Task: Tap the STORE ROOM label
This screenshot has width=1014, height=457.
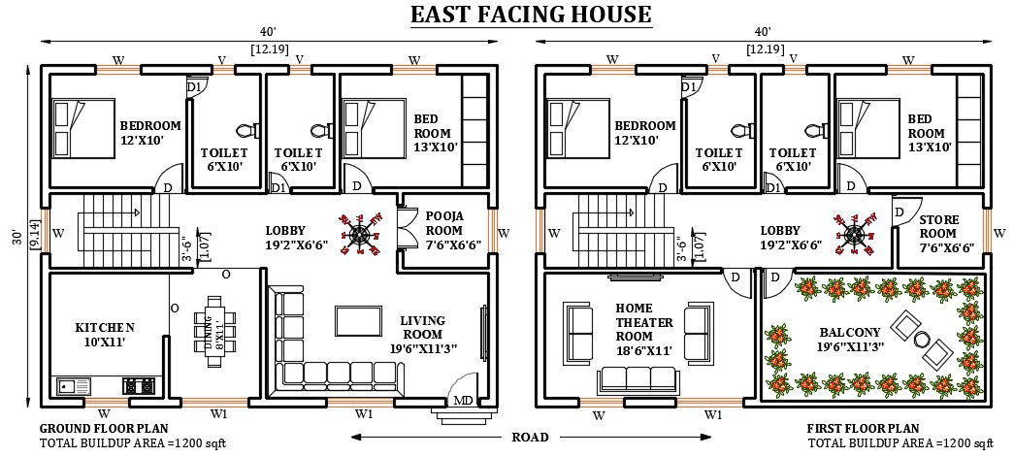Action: pos(938,234)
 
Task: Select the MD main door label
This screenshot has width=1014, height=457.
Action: pos(464,399)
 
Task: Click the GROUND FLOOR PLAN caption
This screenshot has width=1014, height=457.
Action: pos(105,428)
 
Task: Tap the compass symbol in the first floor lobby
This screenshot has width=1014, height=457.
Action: pos(854,233)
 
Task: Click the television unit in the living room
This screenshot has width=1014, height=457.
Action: pos(483,334)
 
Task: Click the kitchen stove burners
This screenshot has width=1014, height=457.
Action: pos(140,385)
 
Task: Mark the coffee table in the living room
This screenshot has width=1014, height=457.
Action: pos(351,320)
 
